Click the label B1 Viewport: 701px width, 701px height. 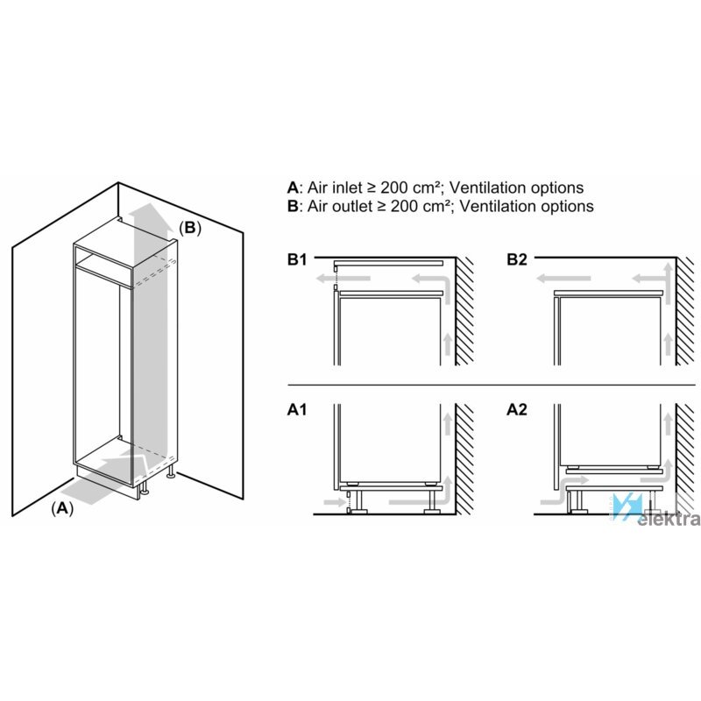pos(297,259)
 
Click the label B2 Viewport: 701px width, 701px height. pos(517,259)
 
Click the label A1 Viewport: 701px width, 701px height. pos(297,409)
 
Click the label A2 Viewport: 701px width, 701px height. pos(517,409)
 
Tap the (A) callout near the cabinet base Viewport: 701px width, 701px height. pos(62,508)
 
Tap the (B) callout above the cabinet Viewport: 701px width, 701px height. pos(190,228)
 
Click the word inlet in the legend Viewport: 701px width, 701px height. pos(347,188)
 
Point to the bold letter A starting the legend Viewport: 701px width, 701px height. pos(293,188)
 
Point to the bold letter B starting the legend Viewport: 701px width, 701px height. pos(293,206)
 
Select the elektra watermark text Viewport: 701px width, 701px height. pos(669,520)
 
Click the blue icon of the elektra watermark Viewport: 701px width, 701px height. pos(627,506)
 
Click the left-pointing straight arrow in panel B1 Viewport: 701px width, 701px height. pos(343,279)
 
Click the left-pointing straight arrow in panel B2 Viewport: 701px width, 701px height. pos(563,279)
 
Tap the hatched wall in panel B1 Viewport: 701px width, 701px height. pos(465,311)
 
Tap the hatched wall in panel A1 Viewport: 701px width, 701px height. pos(465,459)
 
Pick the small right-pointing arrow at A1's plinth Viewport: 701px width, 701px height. pos(335,502)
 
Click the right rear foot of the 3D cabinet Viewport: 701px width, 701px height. pos(170,471)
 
